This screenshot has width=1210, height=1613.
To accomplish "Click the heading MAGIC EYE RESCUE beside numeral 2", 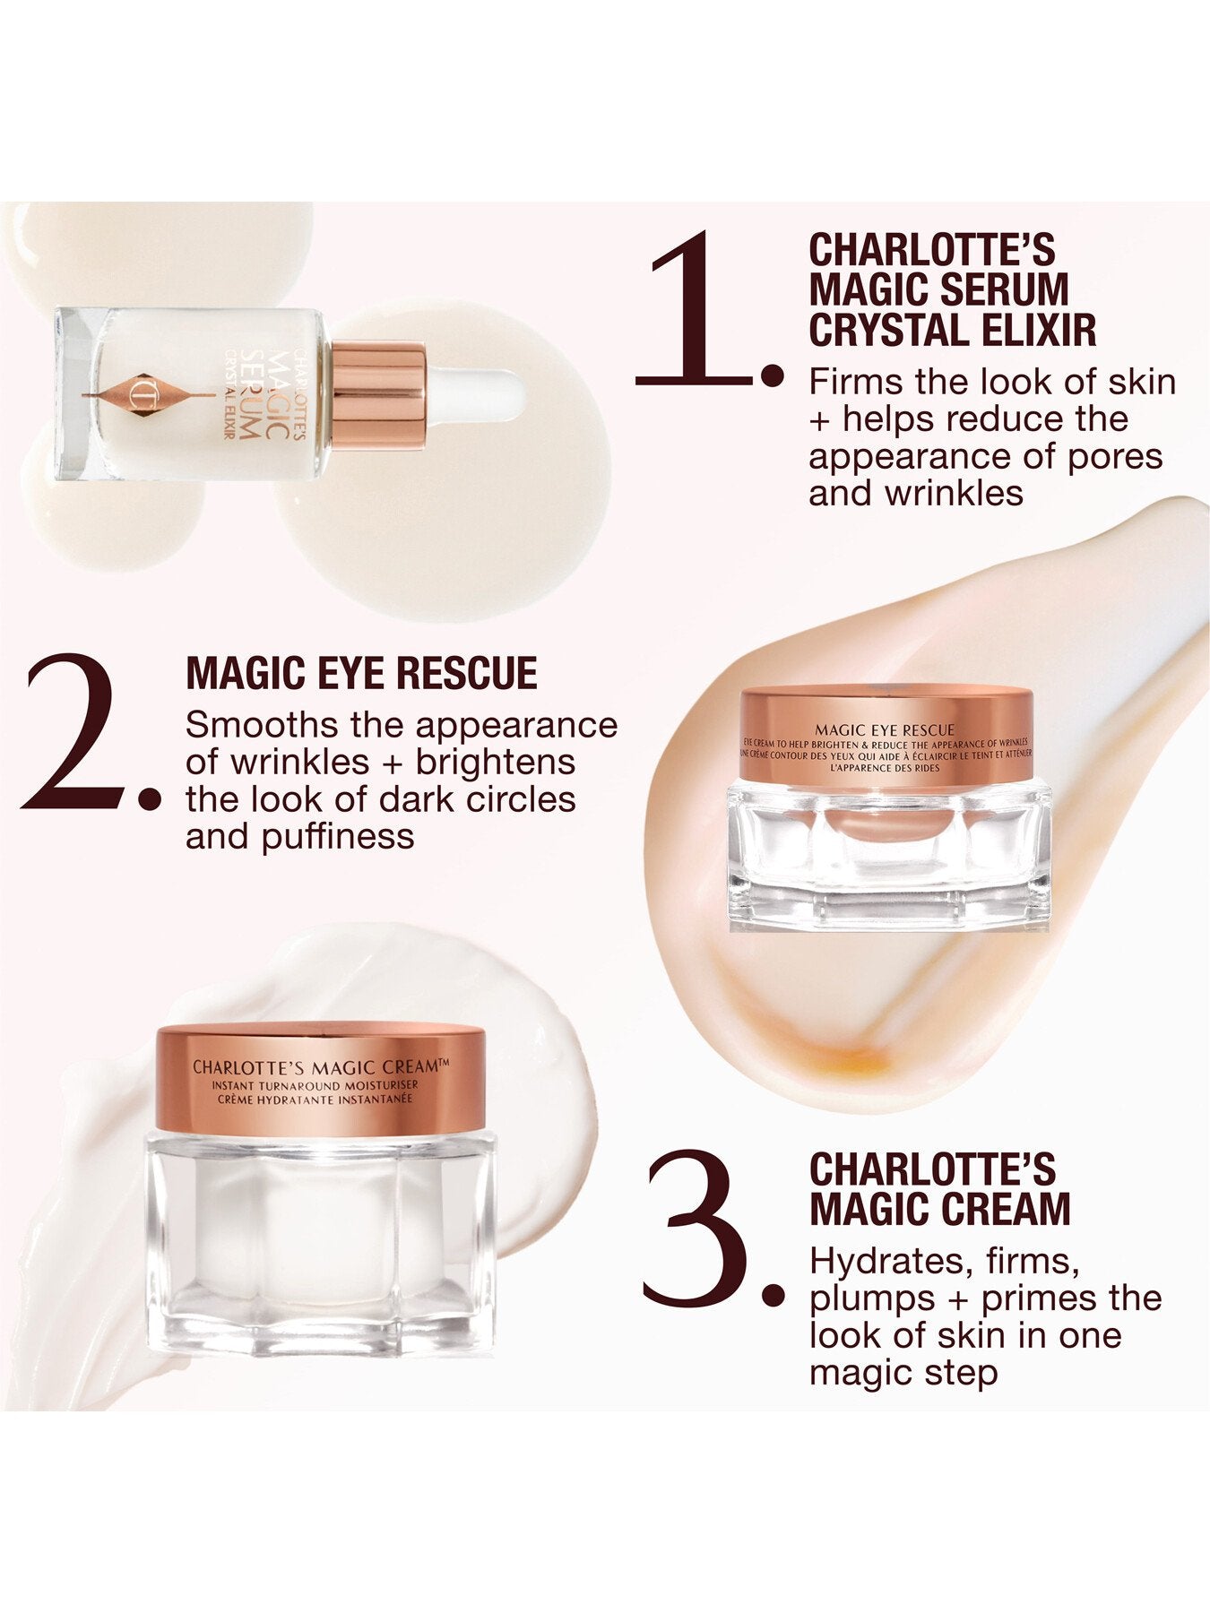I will pyautogui.click(x=361, y=673).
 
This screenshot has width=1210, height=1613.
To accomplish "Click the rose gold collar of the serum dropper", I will pyautogui.click(x=377, y=395).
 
